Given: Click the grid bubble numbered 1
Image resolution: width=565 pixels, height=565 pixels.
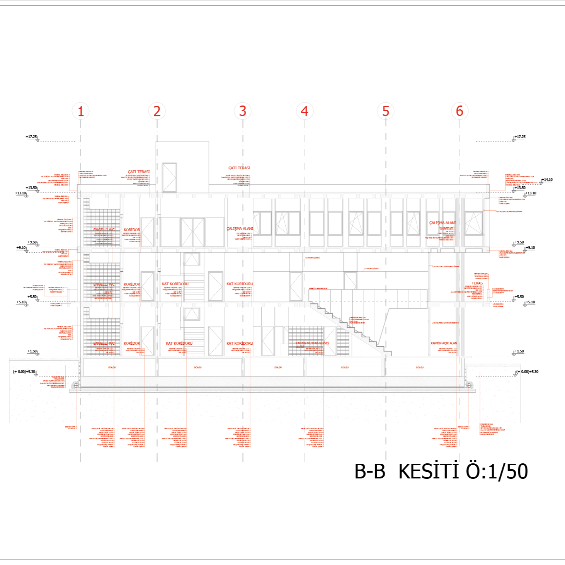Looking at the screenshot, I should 80,111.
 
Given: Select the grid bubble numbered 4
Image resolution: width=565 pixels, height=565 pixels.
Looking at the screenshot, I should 305,111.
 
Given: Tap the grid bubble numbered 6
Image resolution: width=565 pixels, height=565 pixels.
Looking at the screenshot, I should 459,111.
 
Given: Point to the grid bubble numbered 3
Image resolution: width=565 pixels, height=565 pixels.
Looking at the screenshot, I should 242,111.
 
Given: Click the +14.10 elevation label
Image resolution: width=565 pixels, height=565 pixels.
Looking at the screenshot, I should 547,180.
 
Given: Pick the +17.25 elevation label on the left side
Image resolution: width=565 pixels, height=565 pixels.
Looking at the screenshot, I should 31,137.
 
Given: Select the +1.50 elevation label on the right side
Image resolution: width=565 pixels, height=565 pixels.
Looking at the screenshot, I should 519,351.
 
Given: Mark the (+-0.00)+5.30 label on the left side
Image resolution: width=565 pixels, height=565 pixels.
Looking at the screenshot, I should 24,372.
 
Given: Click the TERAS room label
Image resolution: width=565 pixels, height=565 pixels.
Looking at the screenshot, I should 477,283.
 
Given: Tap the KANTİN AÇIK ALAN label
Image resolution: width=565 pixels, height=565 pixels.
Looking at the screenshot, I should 444,343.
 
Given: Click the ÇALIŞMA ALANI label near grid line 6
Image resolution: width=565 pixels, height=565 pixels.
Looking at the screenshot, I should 442,223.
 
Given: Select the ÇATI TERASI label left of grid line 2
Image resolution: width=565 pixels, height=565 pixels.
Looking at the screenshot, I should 139,172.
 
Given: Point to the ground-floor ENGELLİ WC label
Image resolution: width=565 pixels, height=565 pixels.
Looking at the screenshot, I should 104,344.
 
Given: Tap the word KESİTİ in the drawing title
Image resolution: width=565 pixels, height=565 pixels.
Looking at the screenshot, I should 429,471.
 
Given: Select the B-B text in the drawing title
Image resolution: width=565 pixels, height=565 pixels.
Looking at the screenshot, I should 370,471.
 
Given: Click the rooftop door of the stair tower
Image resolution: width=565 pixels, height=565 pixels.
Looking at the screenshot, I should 169,178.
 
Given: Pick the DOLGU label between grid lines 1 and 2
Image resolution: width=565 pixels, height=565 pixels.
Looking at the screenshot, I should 112,368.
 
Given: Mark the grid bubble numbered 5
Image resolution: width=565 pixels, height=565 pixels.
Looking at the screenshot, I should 385,111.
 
